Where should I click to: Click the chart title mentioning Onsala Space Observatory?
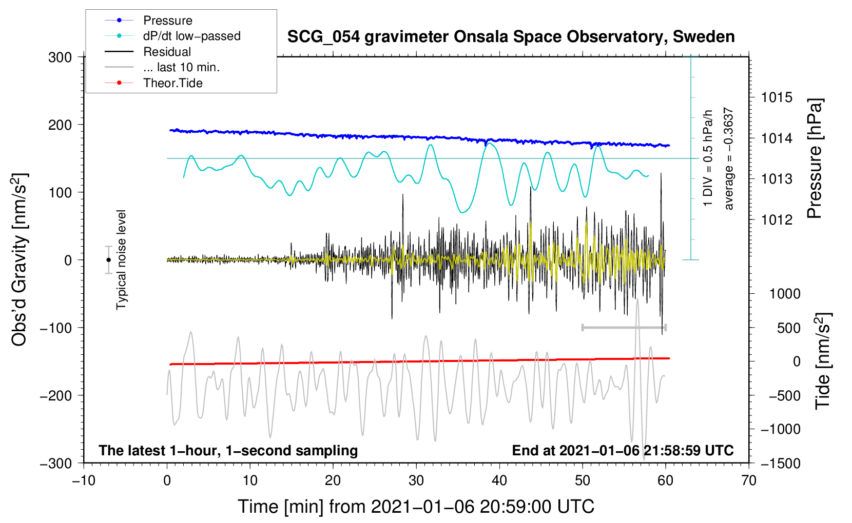[x=511, y=37]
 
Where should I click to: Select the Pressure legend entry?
[x=167, y=21]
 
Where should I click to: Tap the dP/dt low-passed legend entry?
[x=191, y=36]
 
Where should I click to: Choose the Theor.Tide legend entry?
[x=172, y=83]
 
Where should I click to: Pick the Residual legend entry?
[x=167, y=52]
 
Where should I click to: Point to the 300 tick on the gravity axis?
[x=60, y=57]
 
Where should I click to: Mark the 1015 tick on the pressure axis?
[x=777, y=97]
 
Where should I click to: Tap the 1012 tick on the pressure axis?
[x=777, y=220]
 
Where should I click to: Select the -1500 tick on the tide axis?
[x=780, y=463]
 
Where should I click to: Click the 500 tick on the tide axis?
[x=788, y=328]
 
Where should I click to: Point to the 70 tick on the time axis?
[x=749, y=480]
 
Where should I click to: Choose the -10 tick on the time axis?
[x=84, y=480]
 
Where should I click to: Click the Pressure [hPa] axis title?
[x=815, y=159]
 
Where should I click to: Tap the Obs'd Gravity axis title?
[x=19, y=260]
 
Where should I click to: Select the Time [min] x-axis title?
[x=416, y=507]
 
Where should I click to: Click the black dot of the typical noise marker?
[x=109, y=260]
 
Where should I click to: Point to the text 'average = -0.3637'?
[x=729, y=159]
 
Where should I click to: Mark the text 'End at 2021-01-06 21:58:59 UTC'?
[x=623, y=451]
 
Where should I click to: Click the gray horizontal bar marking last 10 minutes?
[x=624, y=327]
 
